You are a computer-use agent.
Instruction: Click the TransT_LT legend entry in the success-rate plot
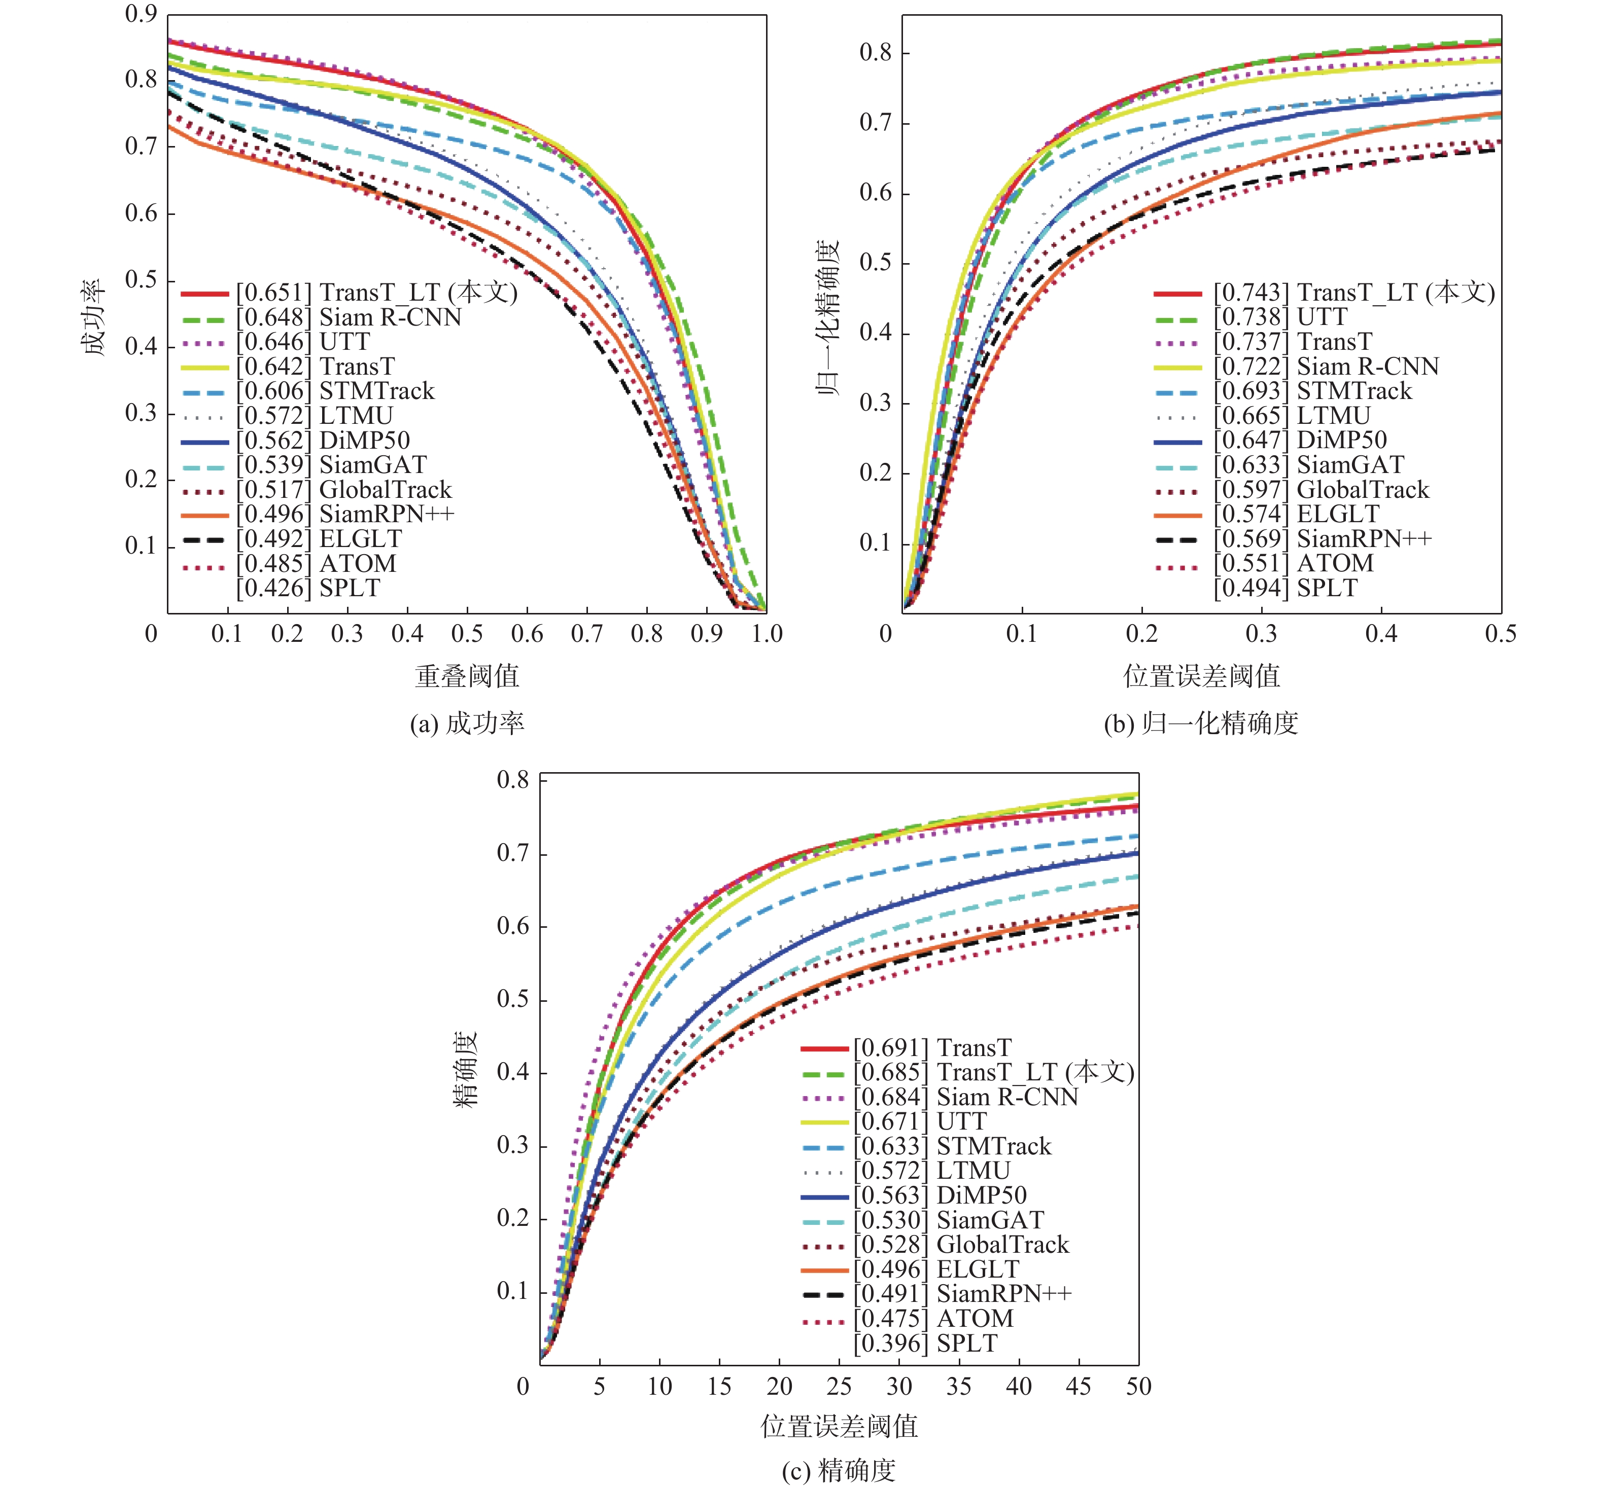[x=376, y=293]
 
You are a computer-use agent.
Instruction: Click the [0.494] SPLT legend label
[x=1286, y=588]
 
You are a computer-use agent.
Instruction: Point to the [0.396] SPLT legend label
[x=925, y=1344]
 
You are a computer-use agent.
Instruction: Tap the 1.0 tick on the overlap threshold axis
[x=767, y=634]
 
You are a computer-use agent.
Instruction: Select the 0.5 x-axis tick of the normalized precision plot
[x=1501, y=634]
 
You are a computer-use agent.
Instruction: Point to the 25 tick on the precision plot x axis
[x=839, y=1387]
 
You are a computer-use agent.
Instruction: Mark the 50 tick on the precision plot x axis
[x=1138, y=1387]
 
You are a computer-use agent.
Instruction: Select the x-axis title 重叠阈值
[x=467, y=676]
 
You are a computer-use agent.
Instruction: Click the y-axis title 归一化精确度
[x=828, y=317]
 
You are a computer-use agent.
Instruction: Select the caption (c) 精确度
[x=839, y=1470]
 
